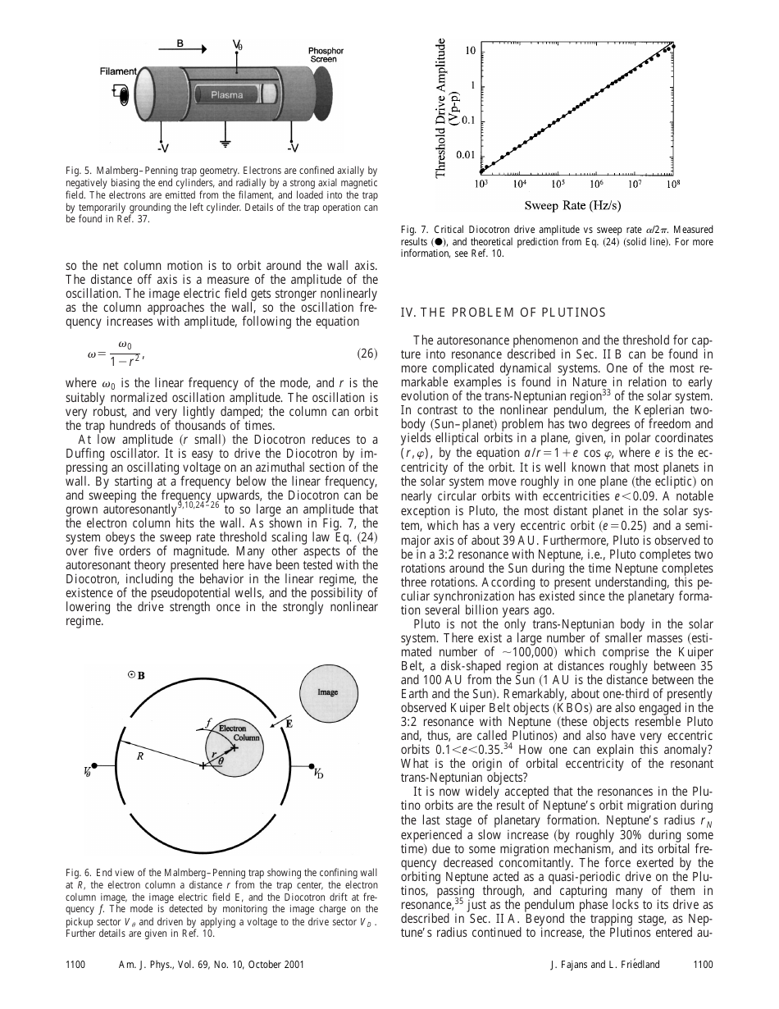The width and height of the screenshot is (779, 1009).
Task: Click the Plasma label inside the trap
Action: (x=226, y=95)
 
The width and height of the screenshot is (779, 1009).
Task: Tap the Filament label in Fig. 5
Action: (x=118, y=71)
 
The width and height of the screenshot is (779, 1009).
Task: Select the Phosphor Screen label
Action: (x=326, y=55)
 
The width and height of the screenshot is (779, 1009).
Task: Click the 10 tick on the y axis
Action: (x=470, y=51)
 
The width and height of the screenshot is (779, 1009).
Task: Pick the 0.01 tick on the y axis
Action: (x=465, y=154)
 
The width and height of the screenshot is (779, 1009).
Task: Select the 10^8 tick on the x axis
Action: (x=672, y=184)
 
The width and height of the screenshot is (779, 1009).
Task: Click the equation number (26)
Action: (x=367, y=354)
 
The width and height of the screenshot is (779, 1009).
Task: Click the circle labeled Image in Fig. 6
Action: (x=328, y=692)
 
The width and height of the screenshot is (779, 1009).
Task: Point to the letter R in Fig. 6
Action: (x=140, y=757)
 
